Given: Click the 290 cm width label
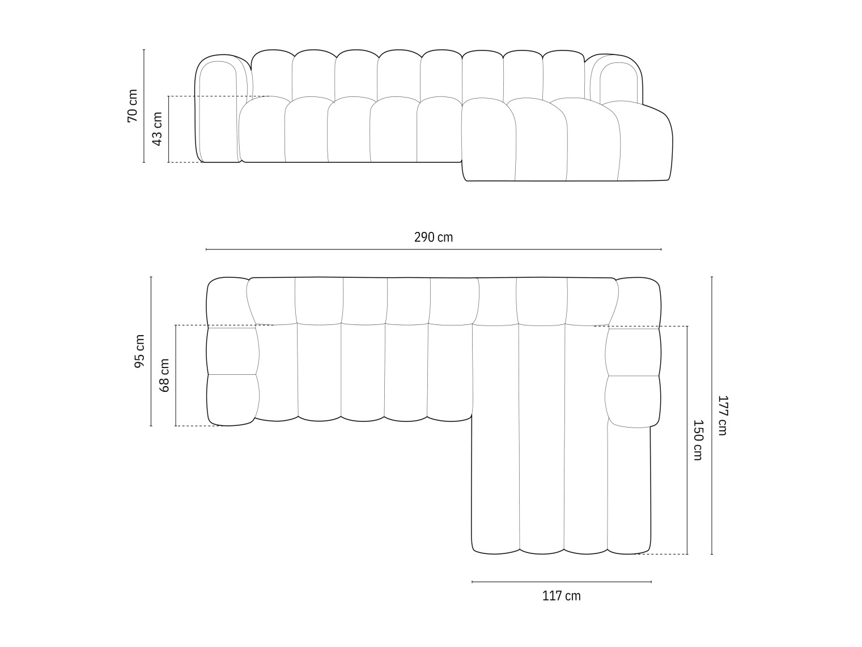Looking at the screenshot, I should (433, 237).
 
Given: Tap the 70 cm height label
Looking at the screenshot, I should (132, 105).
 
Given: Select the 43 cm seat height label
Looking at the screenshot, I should (157, 129).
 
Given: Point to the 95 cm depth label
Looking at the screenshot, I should (139, 352).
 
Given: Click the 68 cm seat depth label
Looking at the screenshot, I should (164, 375).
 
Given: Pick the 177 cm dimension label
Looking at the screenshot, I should (721, 415).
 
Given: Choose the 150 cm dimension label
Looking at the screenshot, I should (698, 440).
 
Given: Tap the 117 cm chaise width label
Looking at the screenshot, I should (561, 596).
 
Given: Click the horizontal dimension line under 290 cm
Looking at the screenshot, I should (433, 249).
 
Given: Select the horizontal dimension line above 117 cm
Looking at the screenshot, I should (561, 582).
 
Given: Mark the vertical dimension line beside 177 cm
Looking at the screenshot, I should (712, 415).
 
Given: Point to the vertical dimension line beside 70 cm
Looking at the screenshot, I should (144, 105).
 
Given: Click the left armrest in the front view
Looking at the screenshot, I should (218, 111).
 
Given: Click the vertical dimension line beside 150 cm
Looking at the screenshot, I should (687, 440).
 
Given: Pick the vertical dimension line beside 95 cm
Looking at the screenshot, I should (151, 352).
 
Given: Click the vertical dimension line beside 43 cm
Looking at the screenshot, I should (168, 129).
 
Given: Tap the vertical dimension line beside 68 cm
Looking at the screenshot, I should (176, 375).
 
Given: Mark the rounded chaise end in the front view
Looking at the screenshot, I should (646, 142).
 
